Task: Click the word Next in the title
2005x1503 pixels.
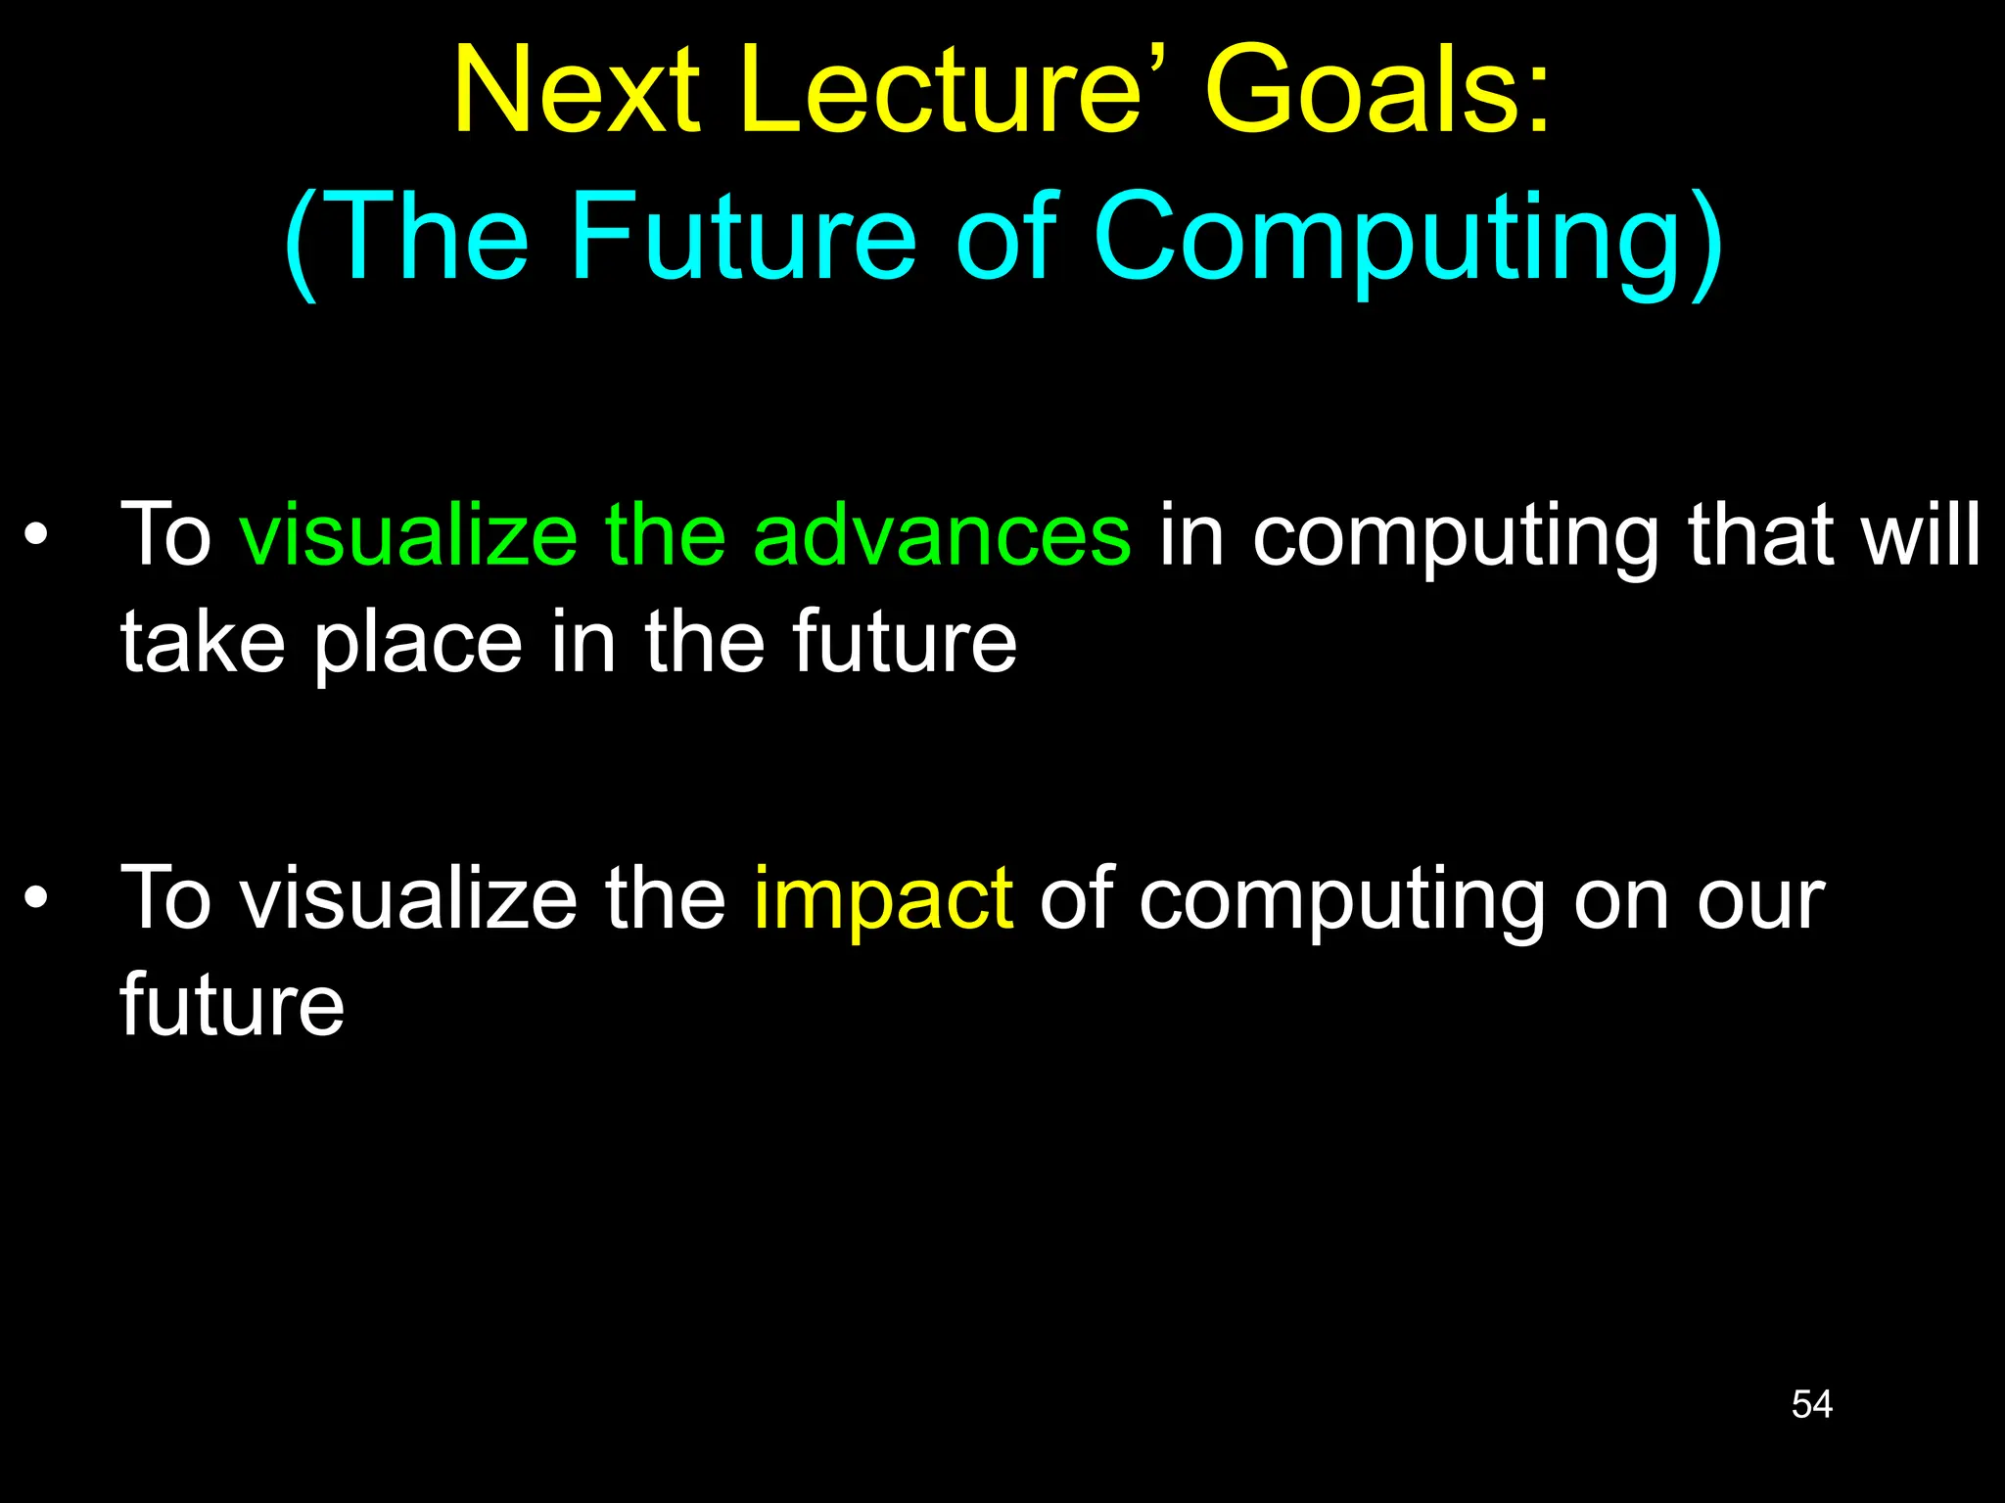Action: pyautogui.click(x=577, y=91)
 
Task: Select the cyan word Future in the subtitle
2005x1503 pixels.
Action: pyautogui.click(x=744, y=237)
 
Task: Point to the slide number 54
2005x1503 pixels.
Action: pyautogui.click(x=1811, y=1404)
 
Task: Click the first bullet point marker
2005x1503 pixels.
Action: pyautogui.click(x=36, y=535)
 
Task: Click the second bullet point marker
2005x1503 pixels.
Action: pyautogui.click(x=36, y=898)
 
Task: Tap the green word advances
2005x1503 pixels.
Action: pyautogui.click(x=942, y=535)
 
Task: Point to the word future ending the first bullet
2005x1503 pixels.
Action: pyautogui.click(x=904, y=643)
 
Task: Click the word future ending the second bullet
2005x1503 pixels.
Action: pyautogui.click(x=232, y=1005)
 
